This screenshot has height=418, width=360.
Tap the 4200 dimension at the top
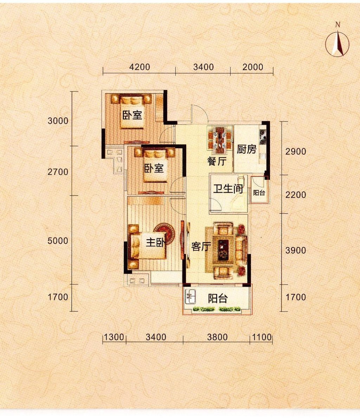pos(140,67)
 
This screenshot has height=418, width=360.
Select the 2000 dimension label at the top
pos(253,67)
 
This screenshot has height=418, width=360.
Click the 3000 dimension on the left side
pos(58,121)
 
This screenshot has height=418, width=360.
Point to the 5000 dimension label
pos(58,241)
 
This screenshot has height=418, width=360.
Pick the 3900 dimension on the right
pos(295,250)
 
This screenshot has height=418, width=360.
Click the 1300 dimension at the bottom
pos(114,337)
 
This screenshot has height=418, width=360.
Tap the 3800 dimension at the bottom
pos(217,337)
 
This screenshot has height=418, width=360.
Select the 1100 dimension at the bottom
pos(262,337)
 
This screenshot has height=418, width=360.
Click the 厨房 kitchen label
pos(246,149)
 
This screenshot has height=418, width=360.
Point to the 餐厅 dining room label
pos(217,161)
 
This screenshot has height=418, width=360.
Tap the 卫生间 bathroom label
pos(228,189)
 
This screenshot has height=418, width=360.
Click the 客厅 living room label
pos(201,247)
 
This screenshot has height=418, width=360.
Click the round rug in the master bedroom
pos(164,234)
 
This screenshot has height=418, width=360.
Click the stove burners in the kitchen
pos(263,136)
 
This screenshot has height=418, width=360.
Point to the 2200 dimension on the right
pos(295,195)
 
